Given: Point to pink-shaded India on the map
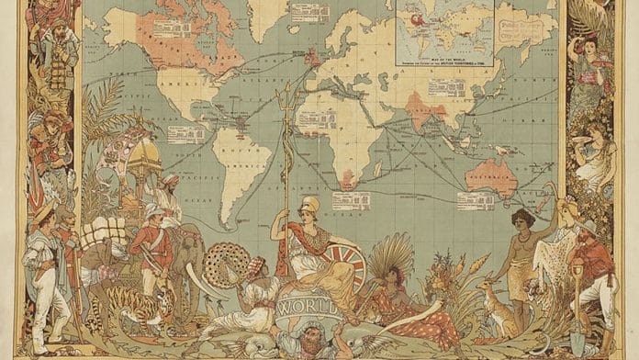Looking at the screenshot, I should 423,108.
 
